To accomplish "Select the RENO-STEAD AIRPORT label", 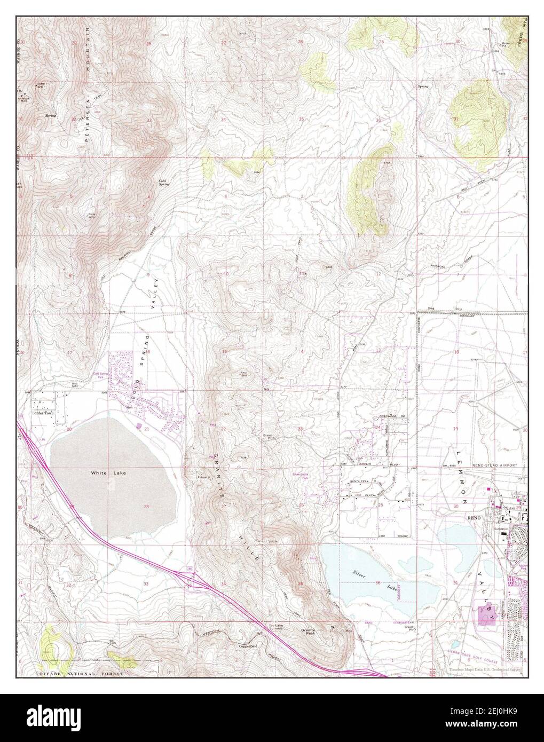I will [x=495, y=465].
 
